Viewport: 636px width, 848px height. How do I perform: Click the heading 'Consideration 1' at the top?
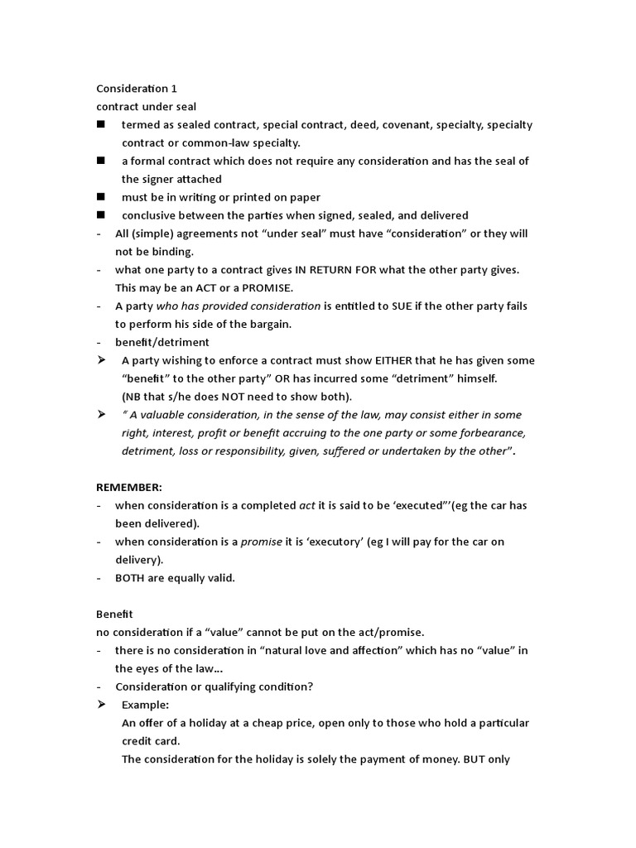[x=137, y=89]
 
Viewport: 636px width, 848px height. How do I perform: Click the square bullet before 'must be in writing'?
[x=101, y=197]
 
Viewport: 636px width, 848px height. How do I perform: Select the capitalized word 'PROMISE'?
[x=263, y=287]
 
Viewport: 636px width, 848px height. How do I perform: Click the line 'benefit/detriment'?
[x=162, y=342]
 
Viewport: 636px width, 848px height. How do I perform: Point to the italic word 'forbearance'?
[x=493, y=433]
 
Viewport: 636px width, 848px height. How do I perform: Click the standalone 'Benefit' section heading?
[x=115, y=614]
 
